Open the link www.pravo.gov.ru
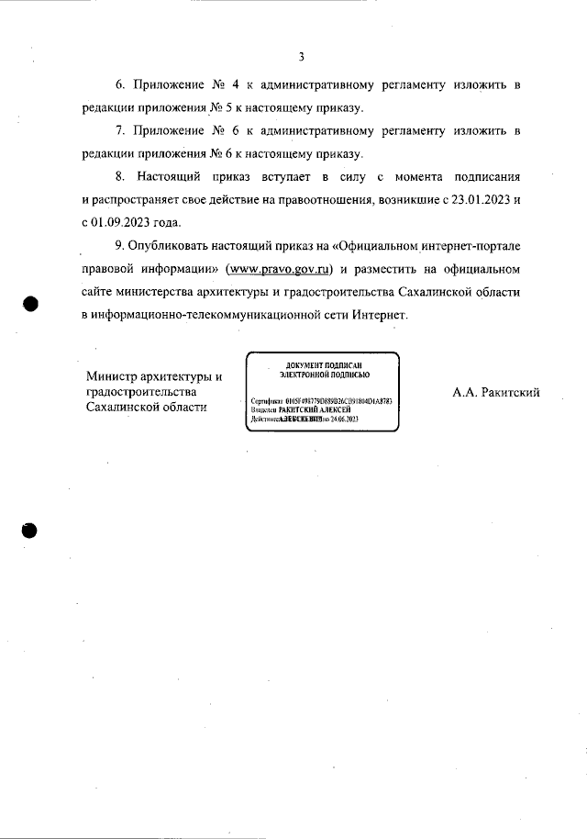(281, 270)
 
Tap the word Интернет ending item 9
(371, 315)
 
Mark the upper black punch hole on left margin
(30, 304)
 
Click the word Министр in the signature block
(115, 377)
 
